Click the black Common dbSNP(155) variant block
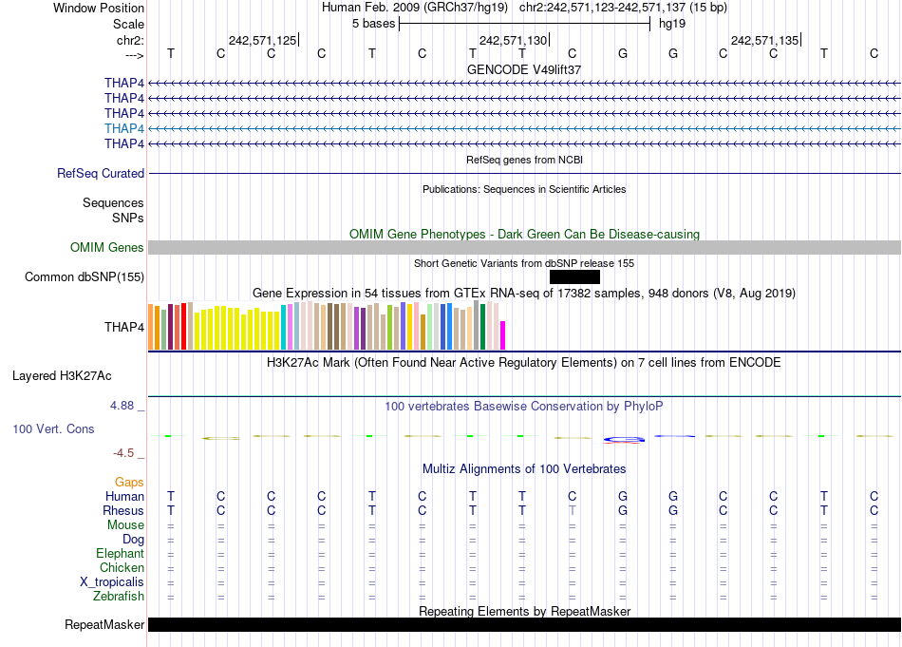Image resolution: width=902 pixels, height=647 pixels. tap(574, 276)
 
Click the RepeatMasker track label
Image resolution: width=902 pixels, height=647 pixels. tap(104, 625)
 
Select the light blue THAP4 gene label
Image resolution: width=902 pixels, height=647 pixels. tap(124, 128)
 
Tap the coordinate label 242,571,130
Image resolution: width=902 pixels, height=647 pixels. tap(514, 40)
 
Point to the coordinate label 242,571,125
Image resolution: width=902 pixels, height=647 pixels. tap(263, 40)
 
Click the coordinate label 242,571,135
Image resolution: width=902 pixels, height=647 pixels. tap(764, 40)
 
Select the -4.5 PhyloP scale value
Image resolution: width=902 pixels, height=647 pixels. tap(127, 453)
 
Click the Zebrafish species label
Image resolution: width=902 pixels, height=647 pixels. tap(119, 597)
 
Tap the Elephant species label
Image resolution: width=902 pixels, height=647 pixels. tap(120, 554)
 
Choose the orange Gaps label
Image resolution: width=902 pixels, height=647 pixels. tap(129, 483)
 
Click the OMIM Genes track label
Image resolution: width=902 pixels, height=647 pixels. tap(107, 248)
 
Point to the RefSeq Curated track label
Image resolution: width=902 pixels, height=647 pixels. tap(101, 174)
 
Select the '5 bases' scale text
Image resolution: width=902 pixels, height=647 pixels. tap(373, 23)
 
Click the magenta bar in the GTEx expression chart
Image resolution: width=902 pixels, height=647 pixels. tap(503, 335)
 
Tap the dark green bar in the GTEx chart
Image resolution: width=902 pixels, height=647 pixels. tap(482, 326)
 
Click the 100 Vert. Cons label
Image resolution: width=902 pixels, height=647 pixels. tap(53, 429)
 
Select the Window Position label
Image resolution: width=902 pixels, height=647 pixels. tap(99, 8)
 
